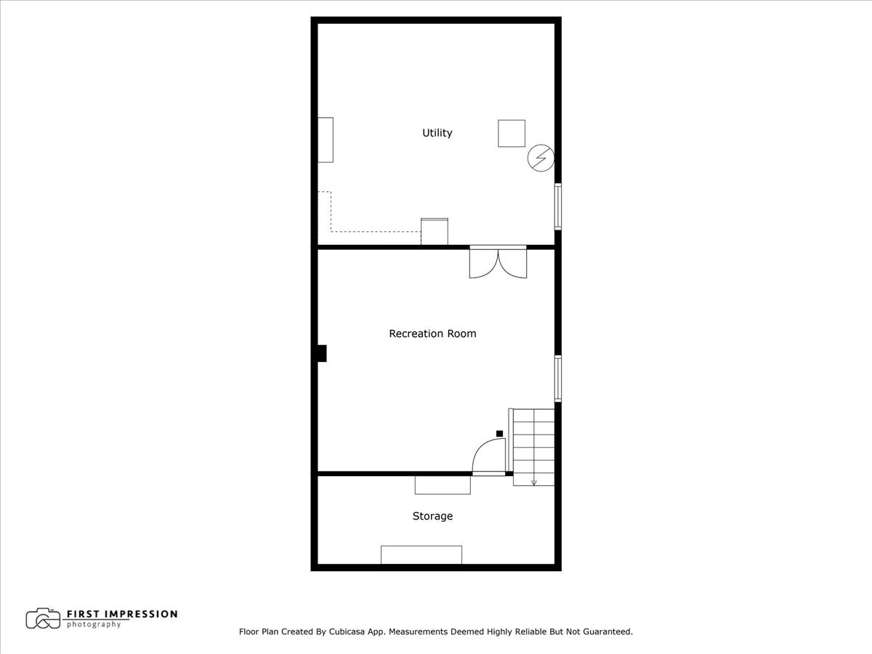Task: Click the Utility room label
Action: (437, 133)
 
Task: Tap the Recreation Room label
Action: (432, 334)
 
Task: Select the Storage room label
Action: (432, 516)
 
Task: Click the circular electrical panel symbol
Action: (541, 158)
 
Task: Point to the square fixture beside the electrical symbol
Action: (512, 133)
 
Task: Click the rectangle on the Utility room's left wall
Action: (326, 140)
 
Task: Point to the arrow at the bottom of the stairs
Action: (534, 481)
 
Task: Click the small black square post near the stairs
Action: (499, 434)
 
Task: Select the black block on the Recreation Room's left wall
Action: (322, 353)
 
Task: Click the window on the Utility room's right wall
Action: (558, 206)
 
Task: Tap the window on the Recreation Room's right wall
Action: (558, 378)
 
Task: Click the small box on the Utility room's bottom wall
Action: (435, 232)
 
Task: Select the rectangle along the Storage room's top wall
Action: (443, 485)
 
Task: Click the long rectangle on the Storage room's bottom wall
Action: (421, 554)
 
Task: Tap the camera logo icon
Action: (43, 618)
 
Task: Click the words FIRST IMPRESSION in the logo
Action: (122, 614)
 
